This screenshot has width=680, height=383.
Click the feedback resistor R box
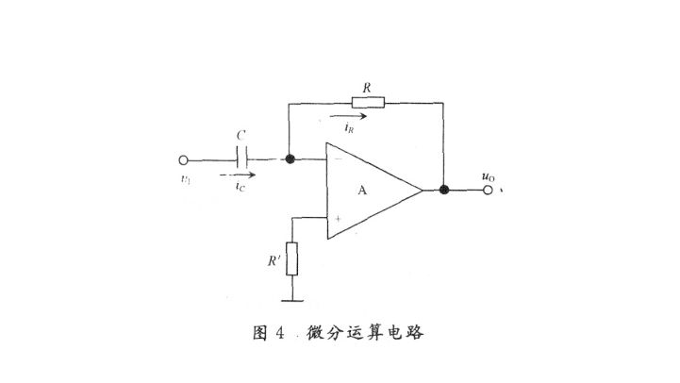[367, 103]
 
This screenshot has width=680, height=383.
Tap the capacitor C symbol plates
[242, 159]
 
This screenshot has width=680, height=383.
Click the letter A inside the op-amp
[362, 191]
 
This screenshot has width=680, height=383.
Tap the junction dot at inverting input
[290, 159]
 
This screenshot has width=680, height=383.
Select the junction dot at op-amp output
[443, 190]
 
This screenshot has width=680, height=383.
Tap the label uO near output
[487, 175]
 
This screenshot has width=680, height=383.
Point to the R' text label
[274, 258]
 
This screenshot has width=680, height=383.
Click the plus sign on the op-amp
[337, 218]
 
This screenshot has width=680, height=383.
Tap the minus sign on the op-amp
[337, 159]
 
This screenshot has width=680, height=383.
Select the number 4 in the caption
[279, 334]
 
